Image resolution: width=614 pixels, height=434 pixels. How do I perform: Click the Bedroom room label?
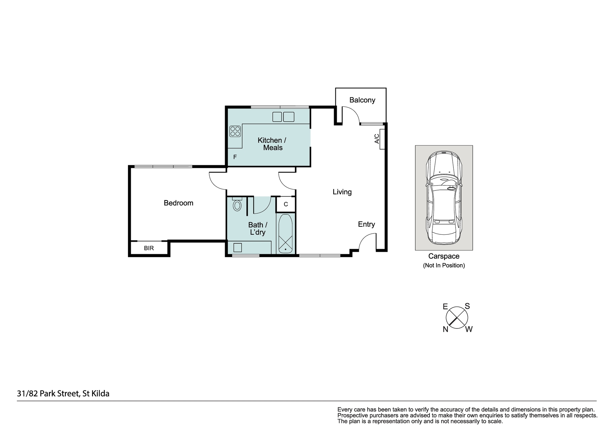(178, 203)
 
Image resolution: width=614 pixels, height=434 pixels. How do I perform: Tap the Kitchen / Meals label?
(272, 144)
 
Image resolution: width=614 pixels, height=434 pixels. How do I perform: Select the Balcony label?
(362, 100)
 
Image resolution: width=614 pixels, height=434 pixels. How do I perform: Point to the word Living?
(342, 192)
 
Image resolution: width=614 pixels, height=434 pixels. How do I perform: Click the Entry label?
(367, 225)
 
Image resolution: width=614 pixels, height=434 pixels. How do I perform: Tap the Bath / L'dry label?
(258, 229)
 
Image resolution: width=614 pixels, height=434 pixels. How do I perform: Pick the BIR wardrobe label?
(149, 248)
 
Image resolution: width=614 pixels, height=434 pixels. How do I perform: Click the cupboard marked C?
(286, 204)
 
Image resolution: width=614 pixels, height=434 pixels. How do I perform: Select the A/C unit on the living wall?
(382, 139)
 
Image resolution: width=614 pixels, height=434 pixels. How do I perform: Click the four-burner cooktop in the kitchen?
(235, 131)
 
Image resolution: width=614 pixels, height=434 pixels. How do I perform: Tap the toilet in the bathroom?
(237, 204)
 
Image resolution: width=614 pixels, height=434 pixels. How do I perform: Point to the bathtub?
(286, 233)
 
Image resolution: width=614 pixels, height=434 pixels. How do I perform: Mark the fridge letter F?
(235, 157)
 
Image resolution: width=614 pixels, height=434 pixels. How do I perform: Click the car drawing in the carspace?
(444, 198)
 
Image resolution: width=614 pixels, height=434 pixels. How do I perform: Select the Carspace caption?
(444, 256)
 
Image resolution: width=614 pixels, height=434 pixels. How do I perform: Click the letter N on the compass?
(445, 330)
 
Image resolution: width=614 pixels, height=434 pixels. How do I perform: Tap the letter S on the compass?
(467, 306)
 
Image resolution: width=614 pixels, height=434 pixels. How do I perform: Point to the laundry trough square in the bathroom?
(238, 248)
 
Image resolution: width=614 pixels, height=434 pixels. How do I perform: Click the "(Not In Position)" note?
(444, 265)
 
